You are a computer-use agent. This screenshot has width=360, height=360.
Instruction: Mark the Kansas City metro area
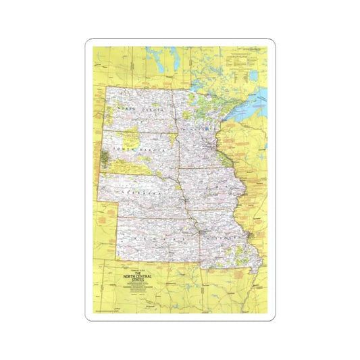click(201, 232)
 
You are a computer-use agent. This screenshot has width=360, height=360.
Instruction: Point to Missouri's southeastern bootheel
click(253, 267)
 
